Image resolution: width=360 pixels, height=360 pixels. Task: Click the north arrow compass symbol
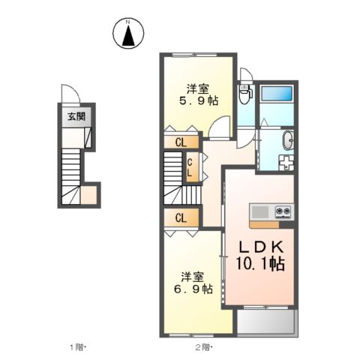[x=128, y=33]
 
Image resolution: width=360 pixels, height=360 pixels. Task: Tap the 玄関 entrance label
[x=76, y=116]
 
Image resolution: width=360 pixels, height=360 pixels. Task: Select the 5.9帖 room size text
[x=198, y=100]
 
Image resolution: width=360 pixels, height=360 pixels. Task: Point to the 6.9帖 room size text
[x=193, y=289]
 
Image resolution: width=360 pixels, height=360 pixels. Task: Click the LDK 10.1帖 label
[x=260, y=256]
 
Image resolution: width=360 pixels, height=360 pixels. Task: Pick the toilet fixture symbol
[x=245, y=94]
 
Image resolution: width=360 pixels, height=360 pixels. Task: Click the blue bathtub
[x=277, y=93]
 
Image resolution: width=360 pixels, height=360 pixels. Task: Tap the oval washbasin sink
[x=288, y=140]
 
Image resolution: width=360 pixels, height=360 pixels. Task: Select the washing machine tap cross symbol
[x=286, y=162]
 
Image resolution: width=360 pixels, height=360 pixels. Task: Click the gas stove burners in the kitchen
[x=283, y=211]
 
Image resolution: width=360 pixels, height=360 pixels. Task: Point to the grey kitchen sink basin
[x=260, y=212]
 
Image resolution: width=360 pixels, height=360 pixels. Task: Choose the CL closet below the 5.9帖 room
[x=181, y=142]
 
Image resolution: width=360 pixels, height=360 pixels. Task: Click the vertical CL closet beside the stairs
[x=193, y=167]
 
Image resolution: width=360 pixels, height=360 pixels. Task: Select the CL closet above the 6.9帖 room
[x=181, y=218]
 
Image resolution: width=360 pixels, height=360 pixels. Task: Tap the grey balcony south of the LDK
[x=266, y=322]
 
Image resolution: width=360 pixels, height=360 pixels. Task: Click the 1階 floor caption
[x=77, y=347]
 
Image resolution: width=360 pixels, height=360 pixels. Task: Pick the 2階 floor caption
[x=204, y=347]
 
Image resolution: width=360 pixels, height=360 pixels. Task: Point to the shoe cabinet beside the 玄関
[x=88, y=137]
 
